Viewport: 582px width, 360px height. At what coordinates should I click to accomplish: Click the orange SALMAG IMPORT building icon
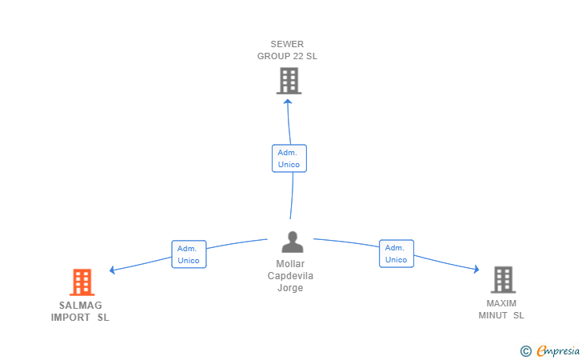pyautogui.click(x=82, y=282)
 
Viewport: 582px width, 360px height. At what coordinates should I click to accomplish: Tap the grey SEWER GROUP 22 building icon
pyautogui.click(x=289, y=81)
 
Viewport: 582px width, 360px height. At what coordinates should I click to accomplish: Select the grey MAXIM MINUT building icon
pyautogui.click(x=504, y=280)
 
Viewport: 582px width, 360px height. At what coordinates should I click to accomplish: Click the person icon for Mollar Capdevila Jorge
pyautogui.click(x=293, y=242)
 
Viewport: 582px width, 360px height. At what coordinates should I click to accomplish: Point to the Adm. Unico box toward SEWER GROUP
pyautogui.click(x=289, y=158)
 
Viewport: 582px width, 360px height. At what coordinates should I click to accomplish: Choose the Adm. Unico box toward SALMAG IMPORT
pyautogui.click(x=189, y=254)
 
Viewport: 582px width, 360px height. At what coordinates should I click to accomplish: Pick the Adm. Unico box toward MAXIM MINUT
pyautogui.click(x=397, y=254)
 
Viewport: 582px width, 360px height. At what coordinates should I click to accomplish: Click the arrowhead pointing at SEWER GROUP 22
pyautogui.click(x=288, y=101)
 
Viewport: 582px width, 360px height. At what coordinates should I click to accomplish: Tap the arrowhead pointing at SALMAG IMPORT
pyautogui.click(x=112, y=270)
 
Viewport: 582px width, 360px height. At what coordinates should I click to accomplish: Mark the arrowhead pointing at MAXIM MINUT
pyautogui.click(x=476, y=269)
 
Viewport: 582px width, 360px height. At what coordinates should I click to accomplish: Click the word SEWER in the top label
pyautogui.click(x=287, y=44)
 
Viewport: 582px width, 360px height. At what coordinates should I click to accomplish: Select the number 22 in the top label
pyautogui.click(x=299, y=56)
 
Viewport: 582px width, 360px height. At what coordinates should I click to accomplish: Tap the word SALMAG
pyautogui.click(x=81, y=306)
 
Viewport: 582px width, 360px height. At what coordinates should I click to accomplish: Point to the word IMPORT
pyautogui.click(x=70, y=318)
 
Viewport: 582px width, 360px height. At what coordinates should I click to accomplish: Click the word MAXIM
pyautogui.click(x=501, y=303)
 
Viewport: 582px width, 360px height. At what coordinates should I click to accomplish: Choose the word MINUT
pyautogui.click(x=493, y=315)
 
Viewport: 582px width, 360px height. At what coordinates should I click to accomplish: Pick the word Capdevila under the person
pyautogui.click(x=290, y=276)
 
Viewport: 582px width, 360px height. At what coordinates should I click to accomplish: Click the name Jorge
pyautogui.click(x=290, y=288)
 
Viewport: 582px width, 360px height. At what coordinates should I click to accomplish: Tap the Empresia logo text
pyautogui.click(x=558, y=350)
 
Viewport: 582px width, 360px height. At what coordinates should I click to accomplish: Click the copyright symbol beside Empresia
pyautogui.click(x=526, y=351)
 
